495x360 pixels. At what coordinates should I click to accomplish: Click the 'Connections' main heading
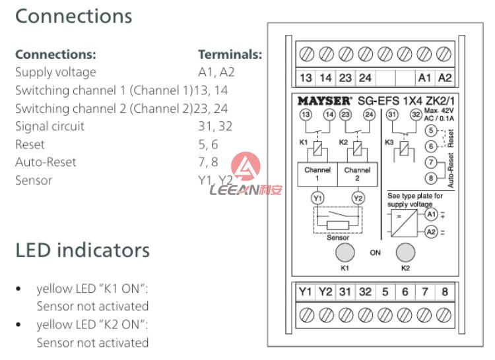[73, 16]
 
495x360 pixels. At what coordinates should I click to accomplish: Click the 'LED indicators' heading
[82, 251]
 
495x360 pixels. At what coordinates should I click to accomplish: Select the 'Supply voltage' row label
[55, 72]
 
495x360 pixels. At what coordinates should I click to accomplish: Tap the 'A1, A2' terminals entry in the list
[216, 72]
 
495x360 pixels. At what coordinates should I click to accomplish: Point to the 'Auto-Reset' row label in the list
[46, 162]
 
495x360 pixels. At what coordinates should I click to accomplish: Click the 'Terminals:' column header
[230, 54]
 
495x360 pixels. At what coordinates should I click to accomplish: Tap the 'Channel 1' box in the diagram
[317, 173]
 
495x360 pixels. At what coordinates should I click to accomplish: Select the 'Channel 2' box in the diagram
[357, 173]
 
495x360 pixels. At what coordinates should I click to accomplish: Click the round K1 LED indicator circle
[345, 252]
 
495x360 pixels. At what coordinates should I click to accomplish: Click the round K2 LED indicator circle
[405, 252]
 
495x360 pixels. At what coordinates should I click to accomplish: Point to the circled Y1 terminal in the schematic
[317, 197]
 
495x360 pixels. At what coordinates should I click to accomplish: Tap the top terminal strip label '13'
[306, 78]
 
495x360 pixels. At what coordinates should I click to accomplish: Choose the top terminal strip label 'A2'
[445, 78]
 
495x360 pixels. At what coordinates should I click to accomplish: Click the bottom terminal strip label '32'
[365, 291]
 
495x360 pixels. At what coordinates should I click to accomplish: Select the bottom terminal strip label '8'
[445, 291]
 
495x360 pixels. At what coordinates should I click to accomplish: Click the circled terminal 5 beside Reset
[431, 130]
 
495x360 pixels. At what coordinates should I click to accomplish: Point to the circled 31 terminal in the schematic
[392, 114]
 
